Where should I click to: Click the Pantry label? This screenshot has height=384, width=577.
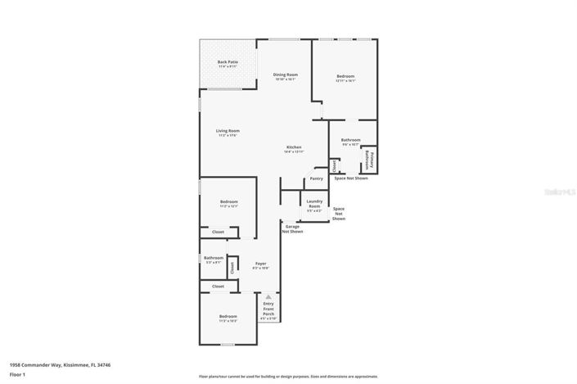coord(316,178)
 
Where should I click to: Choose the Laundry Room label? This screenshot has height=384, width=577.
coord(314,205)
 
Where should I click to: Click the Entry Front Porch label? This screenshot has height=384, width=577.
coord(268,310)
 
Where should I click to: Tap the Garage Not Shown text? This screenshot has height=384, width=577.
coord(293,228)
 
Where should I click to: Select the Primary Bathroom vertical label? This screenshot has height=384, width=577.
coord(369,159)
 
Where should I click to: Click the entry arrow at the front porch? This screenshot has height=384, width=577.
coord(268,296)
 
